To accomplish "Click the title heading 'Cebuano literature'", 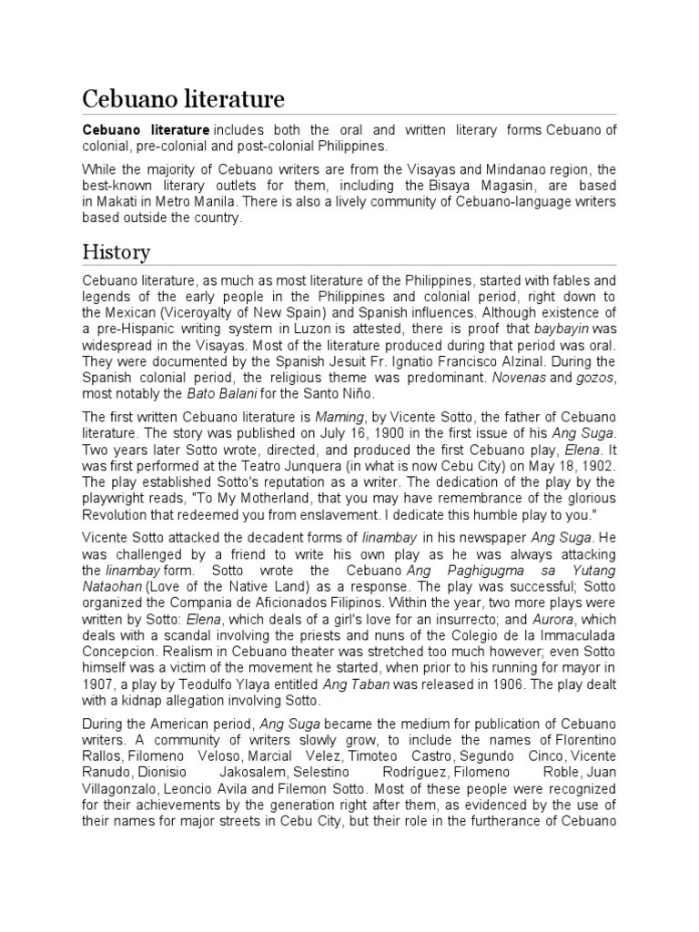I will [183, 98].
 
